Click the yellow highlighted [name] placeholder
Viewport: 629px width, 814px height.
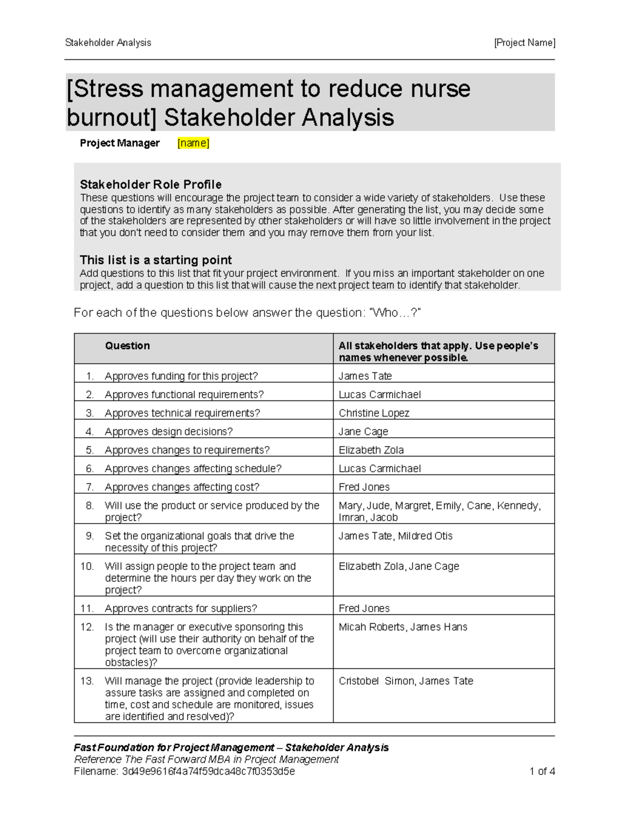click(x=193, y=143)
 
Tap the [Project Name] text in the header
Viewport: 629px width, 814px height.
click(x=524, y=43)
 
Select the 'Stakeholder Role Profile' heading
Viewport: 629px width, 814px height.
click(x=150, y=184)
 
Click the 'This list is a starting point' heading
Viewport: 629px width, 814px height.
click(x=155, y=260)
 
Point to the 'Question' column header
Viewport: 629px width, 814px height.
click(x=127, y=346)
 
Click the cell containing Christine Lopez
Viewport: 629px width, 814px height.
click(x=374, y=413)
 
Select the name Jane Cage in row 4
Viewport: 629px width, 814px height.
click(x=363, y=431)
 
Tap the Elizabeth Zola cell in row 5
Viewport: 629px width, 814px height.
click(x=371, y=450)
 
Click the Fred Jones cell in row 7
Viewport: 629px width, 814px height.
click(x=364, y=487)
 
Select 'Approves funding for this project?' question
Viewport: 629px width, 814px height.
click(x=181, y=376)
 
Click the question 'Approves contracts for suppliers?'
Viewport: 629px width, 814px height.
click(x=181, y=609)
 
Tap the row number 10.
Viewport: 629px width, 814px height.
click(x=87, y=566)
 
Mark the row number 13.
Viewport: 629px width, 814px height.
click(x=87, y=681)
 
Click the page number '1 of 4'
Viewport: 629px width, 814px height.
click(x=542, y=771)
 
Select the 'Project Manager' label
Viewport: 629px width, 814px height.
click(x=120, y=143)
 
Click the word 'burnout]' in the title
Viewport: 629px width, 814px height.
click(x=111, y=117)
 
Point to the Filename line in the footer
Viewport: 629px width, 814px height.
click(x=185, y=772)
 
